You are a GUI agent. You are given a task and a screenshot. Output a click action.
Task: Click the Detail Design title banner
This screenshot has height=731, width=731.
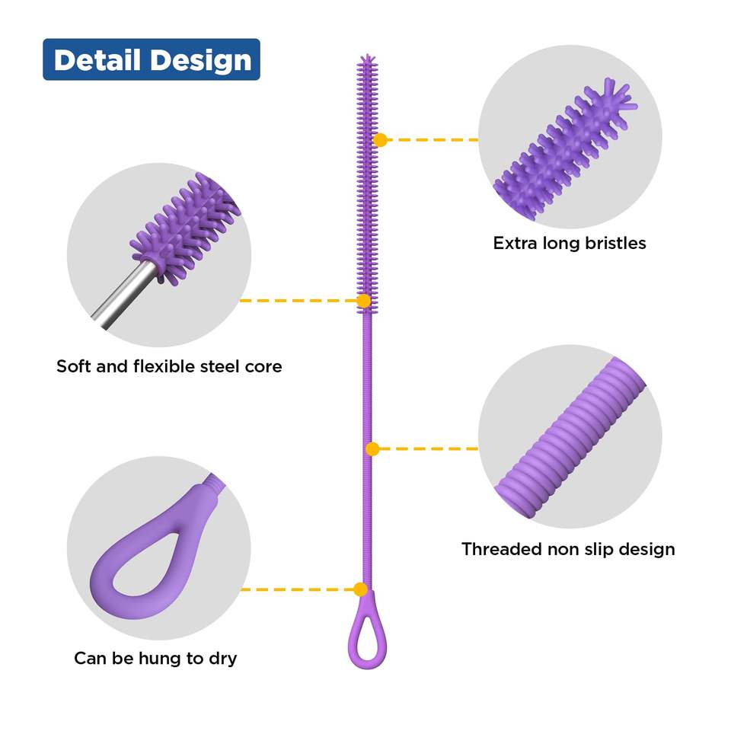(151, 60)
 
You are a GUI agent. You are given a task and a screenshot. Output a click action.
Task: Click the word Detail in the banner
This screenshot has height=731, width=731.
(97, 60)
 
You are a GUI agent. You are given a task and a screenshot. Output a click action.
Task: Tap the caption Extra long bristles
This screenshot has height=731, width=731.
(569, 244)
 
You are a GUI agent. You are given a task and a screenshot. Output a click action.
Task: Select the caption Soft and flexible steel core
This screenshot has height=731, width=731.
(169, 366)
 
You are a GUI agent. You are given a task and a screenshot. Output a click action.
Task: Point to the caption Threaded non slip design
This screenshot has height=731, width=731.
(568, 549)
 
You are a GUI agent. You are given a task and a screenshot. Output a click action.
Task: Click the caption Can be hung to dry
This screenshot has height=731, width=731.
(155, 658)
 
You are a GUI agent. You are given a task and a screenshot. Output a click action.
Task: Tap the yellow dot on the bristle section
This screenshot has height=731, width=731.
(381, 139)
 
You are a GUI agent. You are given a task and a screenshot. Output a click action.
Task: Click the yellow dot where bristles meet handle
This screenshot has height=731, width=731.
(364, 301)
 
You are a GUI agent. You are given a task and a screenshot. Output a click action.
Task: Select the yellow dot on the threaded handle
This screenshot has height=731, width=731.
(372, 449)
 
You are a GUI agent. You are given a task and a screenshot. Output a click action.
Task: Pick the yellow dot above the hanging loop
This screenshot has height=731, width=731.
(361, 589)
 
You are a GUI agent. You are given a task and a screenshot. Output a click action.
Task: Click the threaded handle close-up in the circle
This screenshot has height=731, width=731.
(567, 442)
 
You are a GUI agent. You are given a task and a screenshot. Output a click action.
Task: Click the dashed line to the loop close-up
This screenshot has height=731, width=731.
(297, 589)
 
